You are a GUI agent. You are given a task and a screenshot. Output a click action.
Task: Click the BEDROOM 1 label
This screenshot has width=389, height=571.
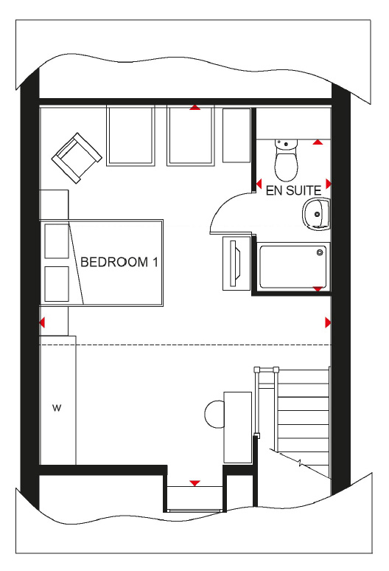point(119,262)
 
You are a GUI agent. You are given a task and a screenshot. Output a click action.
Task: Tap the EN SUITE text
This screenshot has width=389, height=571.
point(293,190)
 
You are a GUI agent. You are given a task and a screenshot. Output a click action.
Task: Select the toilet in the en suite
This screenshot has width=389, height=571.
point(286,160)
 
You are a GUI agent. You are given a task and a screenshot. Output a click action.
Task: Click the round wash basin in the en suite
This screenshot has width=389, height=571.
point(316,214)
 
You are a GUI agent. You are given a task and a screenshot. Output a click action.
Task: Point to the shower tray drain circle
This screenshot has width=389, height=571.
point(320,252)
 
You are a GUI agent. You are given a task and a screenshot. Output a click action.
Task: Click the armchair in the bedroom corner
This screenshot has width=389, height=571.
point(77,158)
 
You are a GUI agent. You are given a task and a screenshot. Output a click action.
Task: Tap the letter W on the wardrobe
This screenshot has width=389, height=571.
point(57,408)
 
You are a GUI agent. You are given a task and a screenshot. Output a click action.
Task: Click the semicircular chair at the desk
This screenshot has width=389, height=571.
point(215,414)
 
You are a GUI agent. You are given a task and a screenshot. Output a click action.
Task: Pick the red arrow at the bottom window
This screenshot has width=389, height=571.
point(194,483)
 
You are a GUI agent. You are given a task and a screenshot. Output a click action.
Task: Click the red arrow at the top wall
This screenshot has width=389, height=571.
point(194,107)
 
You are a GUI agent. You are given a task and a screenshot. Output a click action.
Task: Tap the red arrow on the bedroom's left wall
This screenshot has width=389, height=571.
point(42,322)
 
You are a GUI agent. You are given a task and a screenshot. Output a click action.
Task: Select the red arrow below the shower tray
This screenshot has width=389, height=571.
point(318,288)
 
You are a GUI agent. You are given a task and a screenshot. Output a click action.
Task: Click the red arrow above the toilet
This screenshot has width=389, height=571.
point(318,142)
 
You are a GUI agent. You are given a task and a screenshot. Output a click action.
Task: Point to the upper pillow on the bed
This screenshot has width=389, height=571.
point(57,241)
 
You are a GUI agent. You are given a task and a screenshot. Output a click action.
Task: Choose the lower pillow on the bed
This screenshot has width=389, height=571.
point(57,284)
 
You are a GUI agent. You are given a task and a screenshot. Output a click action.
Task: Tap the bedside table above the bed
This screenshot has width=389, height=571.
point(54,204)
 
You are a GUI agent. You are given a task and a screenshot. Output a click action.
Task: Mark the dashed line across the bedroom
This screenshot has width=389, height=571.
point(186,345)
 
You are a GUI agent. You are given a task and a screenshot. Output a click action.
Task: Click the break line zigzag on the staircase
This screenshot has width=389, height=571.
point(300,463)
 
